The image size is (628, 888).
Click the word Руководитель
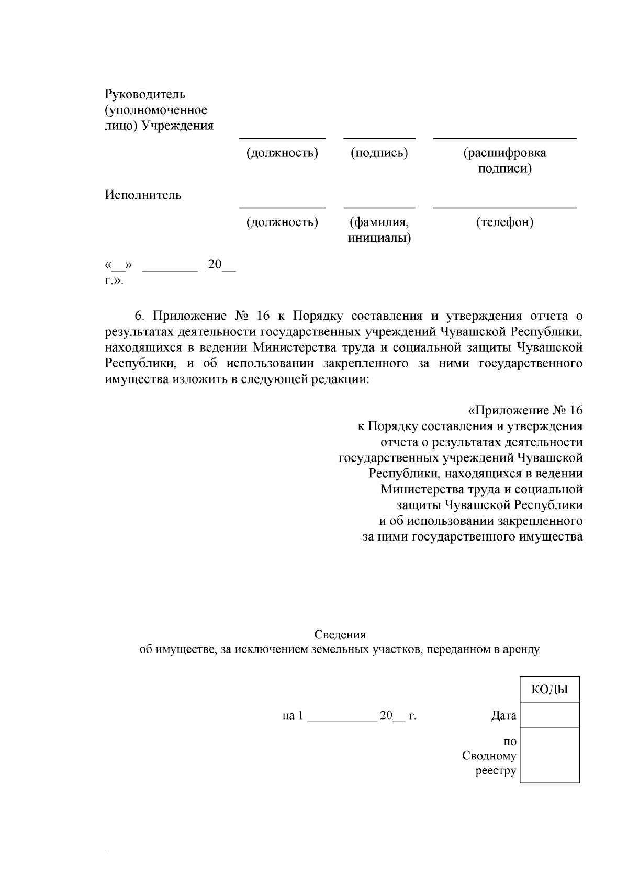pos(145,95)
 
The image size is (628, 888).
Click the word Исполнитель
pos(143,195)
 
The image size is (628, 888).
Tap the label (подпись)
pos(379,153)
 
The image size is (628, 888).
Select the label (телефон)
pos(504,222)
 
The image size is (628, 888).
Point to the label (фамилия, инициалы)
pos(379,230)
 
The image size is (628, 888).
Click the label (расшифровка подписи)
pos(504,161)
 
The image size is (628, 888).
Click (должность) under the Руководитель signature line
pos(282,153)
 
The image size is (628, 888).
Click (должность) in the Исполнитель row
pos(282,222)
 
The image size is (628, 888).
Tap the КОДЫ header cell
pos(549,690)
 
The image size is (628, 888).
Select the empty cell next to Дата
pos(549,715)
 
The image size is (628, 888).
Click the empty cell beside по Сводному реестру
pos(549,755)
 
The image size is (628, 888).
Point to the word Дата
pos(503,716)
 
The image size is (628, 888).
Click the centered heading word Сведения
pos(340,635)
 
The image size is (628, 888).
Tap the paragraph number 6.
pos(139,316)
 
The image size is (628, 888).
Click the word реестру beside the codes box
pos(496,771)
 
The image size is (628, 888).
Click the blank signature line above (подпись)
pos(379,138)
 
